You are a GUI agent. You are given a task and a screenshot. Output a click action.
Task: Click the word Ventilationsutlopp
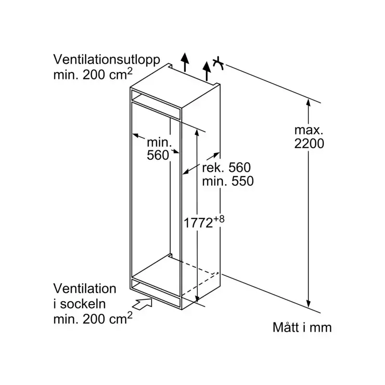point(107,60)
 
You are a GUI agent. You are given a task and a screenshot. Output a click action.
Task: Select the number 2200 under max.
point(309,143)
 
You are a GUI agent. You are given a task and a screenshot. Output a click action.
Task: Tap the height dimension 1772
point(198,223)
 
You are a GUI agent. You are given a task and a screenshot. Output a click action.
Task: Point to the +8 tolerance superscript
point(218,219)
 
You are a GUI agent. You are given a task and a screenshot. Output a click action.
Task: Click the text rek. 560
point(226,167)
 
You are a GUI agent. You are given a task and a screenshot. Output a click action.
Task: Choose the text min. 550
point(228,181)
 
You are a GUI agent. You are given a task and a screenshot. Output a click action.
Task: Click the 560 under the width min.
point(158,155)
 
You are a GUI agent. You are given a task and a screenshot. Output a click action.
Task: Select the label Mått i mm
point(302,328)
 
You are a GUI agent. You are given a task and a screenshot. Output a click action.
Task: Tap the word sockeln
point(83,304)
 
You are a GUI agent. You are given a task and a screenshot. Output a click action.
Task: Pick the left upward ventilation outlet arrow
point(185,62)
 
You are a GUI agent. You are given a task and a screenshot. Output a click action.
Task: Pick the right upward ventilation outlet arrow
point(207,71)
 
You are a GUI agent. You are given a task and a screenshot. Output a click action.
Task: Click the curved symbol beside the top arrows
point(218,63)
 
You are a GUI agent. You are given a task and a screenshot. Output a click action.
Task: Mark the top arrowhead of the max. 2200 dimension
point(308,102)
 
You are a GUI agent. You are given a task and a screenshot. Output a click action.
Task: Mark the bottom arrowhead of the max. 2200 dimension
point(308,303)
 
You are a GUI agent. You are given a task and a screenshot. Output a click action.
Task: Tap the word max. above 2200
point(309,130)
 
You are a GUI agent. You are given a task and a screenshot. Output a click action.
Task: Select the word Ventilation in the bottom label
point(85,289)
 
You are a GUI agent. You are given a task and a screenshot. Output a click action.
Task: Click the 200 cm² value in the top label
point(107,74)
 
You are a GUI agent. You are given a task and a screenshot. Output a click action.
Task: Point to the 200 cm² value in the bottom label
point(107,318)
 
